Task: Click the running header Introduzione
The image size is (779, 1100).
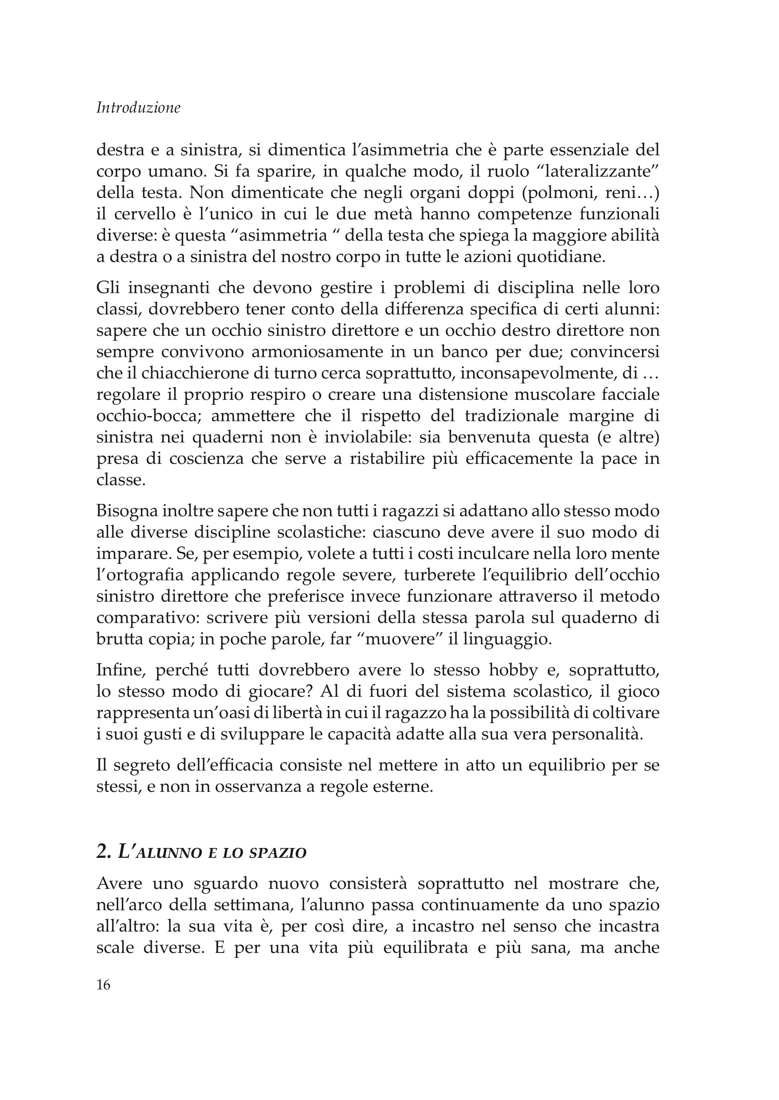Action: [138, 108]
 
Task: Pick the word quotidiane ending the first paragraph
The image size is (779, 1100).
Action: [560, 257]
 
